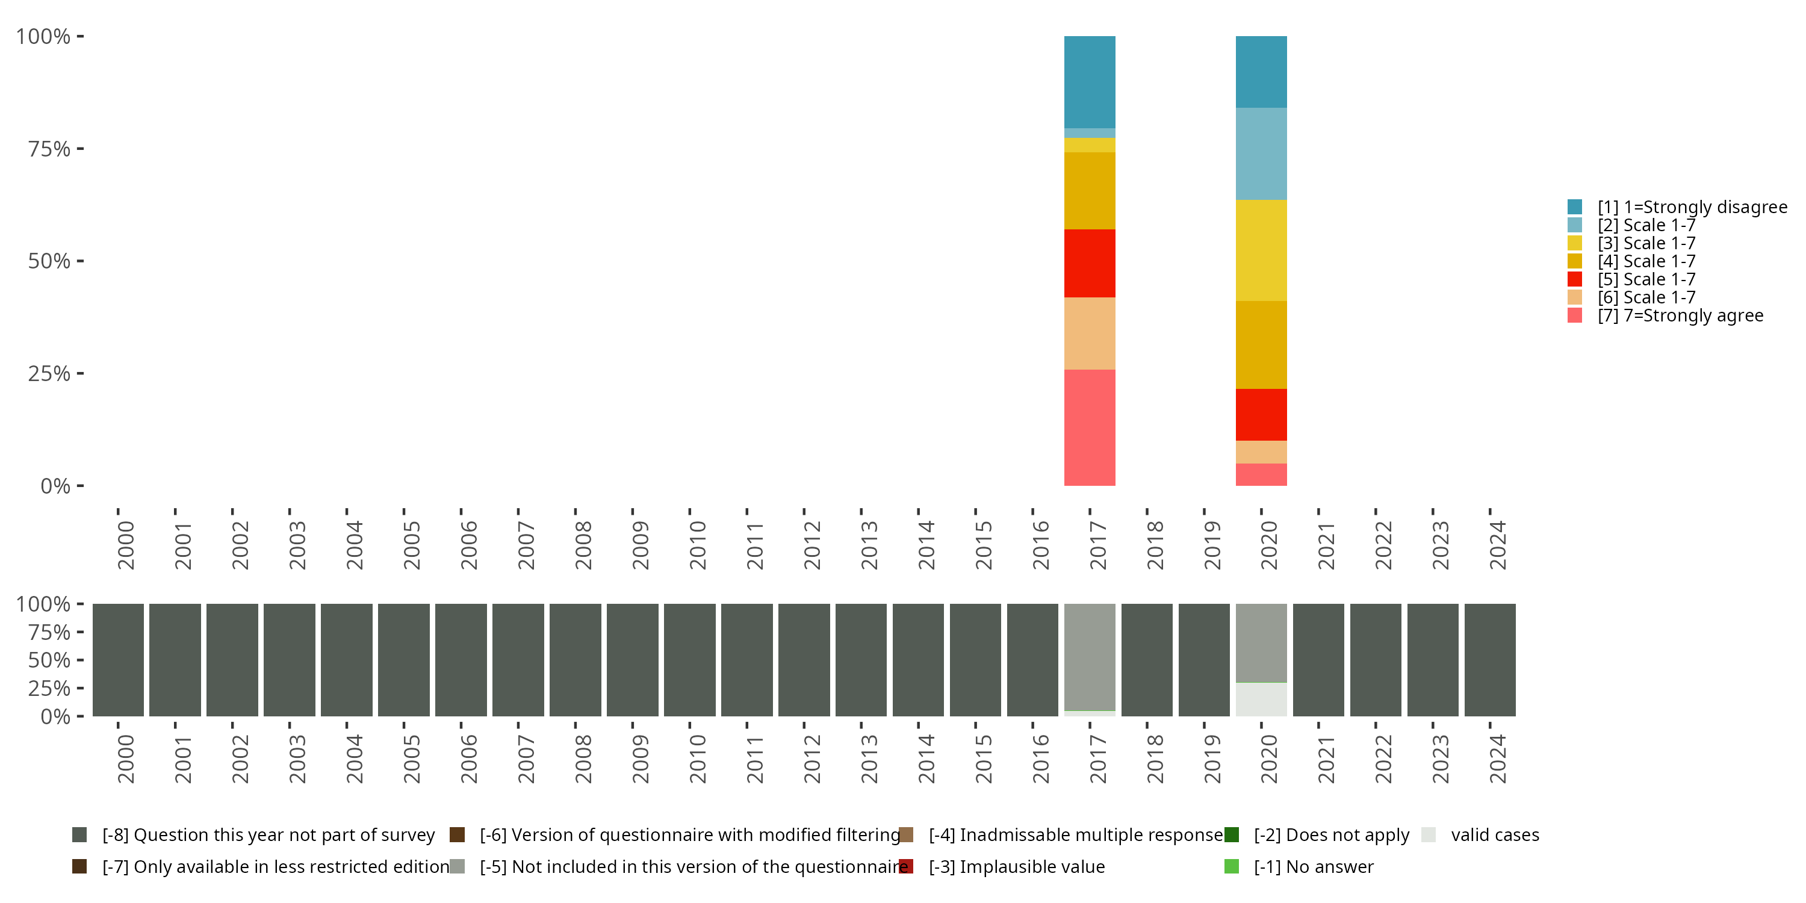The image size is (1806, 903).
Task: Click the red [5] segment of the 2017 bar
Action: click(x=1090, y=263)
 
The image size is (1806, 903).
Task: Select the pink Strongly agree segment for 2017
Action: click(x=1090, y=427)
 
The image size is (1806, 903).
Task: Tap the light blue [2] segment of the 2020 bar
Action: click(x=1261, y=154)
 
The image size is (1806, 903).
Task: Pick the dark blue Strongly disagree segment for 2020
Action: click(x=1261, y=72)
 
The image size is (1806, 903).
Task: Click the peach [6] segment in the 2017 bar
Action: click(x=1090, y=333)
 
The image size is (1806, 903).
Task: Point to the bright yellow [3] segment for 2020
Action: click(x=1261, y=250)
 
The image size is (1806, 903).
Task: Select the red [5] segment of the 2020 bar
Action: click(x=1261, y=414)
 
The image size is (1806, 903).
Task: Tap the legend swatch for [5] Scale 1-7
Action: click(x=1575, y=279)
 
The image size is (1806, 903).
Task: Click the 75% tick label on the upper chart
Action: click(x=49, y=149)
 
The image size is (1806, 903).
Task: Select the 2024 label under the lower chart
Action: click(x=1497, y=759)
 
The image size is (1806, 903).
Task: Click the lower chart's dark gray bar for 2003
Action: click(x=290, y=660)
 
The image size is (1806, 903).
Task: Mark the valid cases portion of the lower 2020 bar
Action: click(x=1261, y=699)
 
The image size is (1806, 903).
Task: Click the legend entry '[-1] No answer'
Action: click(x=1313, y=866)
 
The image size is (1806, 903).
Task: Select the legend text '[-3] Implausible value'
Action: click(x=1017, y=866)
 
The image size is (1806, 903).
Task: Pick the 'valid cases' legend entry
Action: click(x=1495, y=835)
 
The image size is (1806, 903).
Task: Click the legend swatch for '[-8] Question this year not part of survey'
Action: click(x=79, y=835)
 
